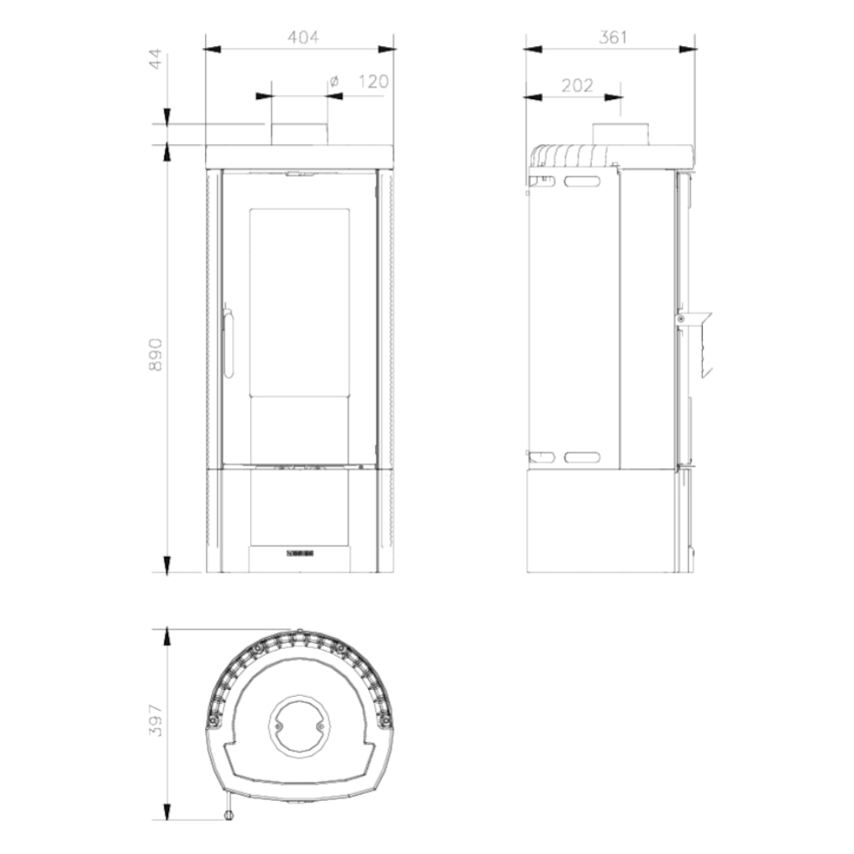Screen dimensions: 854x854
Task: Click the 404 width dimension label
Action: click(x=303, y=37)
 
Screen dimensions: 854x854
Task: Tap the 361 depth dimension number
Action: click(x=612, y=37)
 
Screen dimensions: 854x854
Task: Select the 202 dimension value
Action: click(x=576, y=85)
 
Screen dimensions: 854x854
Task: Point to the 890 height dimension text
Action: click(x=155, y=354)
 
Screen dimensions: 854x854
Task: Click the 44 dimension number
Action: click(x=155, y=59)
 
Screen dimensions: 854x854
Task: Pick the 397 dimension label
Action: click(x=155, y=721)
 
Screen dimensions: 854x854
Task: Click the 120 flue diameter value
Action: click(x=374, y=82)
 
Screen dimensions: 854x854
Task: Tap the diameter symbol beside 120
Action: click(x=334, y=82)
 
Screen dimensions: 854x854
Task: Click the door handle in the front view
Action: click(x=228, y=343)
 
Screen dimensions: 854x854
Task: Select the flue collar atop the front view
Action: click(x=300, y=135)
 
